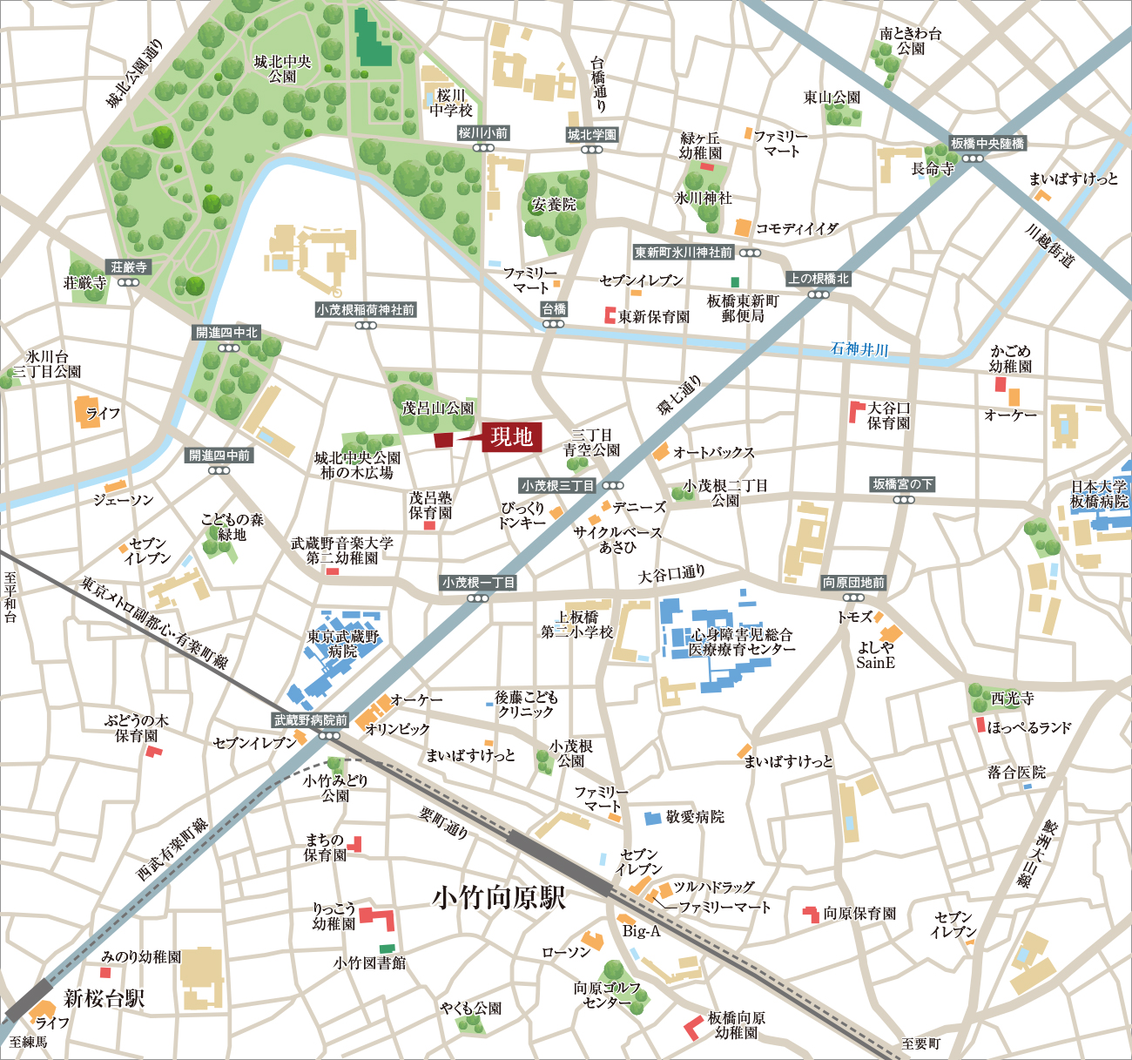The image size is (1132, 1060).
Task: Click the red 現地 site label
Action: (512, 437)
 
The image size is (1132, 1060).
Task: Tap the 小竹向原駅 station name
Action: (499, 898)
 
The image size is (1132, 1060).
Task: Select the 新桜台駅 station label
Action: (104, 998)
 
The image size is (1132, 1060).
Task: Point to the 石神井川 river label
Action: (859, 349)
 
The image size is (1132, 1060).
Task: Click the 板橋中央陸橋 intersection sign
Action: (987, 144)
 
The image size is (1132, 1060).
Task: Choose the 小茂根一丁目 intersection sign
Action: (478, 583)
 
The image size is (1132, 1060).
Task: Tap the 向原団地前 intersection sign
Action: (853, 583)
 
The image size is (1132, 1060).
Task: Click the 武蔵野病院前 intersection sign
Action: (311, 720)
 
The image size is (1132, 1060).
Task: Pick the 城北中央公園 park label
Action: (282, 69)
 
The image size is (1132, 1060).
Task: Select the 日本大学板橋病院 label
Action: (1099, 494)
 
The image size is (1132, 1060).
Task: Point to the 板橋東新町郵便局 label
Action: (743, 308)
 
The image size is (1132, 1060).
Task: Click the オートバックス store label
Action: (713, 453)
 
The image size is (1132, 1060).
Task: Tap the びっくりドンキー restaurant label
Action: (522, 515)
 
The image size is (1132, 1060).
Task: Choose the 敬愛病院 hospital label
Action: (695, 817)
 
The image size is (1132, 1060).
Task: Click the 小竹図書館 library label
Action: (369, 962)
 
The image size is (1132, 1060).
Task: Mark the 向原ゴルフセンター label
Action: (607, 995)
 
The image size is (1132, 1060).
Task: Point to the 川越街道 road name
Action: (1049, 246)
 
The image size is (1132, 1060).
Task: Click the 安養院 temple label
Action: (554, 205)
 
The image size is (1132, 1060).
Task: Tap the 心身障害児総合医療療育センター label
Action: (742, 642)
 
